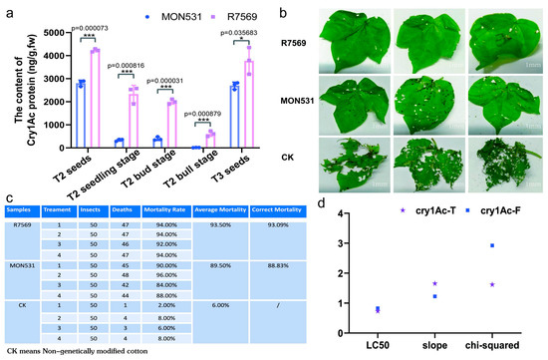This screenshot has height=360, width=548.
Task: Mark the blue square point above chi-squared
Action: (x=492, y=245)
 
